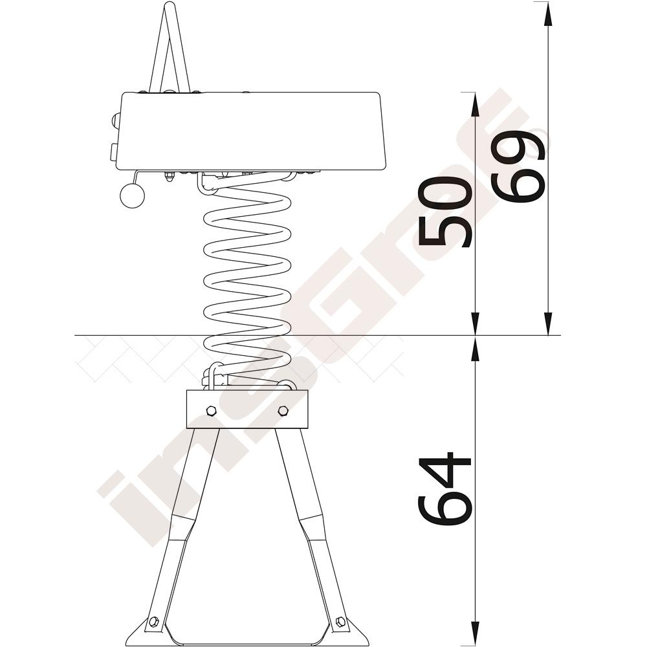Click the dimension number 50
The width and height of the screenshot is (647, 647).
coord(444,212)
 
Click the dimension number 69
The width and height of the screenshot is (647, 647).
coord(520,167)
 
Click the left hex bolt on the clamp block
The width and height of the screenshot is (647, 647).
coord(210,411)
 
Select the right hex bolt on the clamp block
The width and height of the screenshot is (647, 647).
coord(283,411)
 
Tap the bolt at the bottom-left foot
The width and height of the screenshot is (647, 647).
coord(154,621)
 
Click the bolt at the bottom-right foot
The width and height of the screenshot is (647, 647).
coord(341,621)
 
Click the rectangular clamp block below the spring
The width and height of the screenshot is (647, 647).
coord(247,410)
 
